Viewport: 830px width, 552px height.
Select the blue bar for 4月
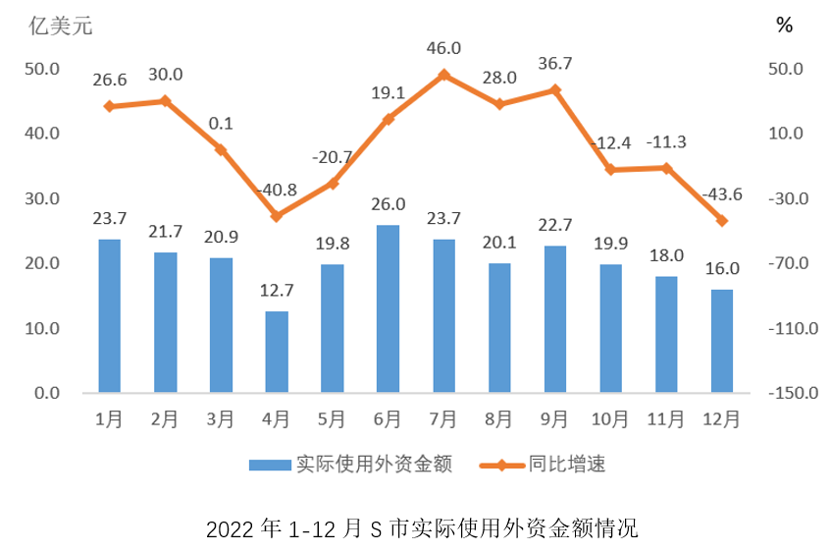277,352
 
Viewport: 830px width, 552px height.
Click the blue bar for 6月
388,308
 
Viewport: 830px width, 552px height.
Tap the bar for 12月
721,341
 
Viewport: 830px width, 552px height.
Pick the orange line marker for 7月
443,75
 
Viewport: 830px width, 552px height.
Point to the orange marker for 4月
277,216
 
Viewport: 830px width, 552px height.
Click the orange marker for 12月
721,221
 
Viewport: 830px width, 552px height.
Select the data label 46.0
443,47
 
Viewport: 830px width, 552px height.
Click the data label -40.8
276,189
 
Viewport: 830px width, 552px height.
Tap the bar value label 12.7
277,291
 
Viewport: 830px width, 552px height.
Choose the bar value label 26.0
388,204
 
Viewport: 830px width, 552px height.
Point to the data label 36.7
554,63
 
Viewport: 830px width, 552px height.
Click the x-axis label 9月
554,420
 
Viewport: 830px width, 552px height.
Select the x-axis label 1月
109,420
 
